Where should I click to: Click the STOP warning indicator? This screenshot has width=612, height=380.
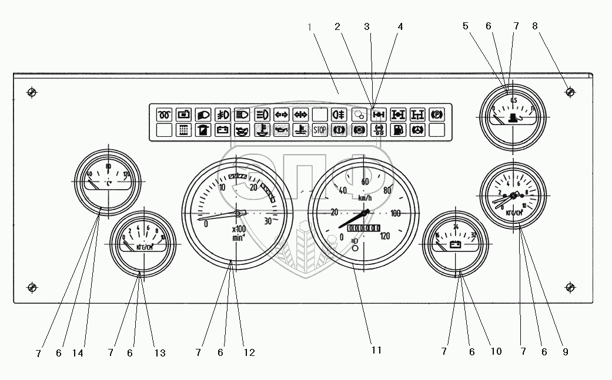coord(320,130)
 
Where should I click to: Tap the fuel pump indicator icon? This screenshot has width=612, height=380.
coord(398,130)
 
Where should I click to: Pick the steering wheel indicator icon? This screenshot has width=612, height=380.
coord(417,130)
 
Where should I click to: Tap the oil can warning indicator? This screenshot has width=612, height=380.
coord(281,130)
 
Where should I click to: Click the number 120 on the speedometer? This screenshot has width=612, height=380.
coord(385,236)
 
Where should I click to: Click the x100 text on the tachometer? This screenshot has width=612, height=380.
coord(239,230)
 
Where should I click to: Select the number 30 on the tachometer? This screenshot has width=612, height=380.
coord(268,221)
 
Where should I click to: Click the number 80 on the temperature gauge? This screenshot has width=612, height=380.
coord(108,167)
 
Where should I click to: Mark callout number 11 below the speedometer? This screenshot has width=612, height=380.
coord(376,350)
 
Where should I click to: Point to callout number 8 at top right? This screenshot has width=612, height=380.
coord(534,26)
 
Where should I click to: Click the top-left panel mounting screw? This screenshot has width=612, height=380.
coord(32,92)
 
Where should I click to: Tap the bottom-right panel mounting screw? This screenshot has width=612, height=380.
coord(569,287)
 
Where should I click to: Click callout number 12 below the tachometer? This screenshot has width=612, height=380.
coord(249,353)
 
